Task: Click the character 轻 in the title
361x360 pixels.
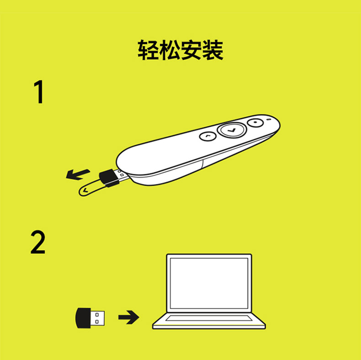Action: coord(148,50)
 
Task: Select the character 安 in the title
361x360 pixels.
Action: coord(191,50)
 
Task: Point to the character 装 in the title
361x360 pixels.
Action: coord(212,50)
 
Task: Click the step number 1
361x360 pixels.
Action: coord(39,92)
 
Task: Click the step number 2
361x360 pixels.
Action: coord(38,242)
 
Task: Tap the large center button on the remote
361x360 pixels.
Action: coord(232,130)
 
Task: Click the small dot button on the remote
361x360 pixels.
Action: coord(255,122)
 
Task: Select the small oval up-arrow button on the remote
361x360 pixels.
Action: coord(207,136)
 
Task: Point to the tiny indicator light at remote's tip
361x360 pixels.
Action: coord(268,119)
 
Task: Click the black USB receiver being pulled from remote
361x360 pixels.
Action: coord(109,178)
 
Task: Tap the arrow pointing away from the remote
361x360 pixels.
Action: coord(78,175)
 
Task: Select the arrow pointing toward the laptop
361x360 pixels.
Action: coord(129,317)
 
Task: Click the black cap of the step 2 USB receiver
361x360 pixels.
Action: coord(83,318)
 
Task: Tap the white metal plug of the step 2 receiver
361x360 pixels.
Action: coord(98,318)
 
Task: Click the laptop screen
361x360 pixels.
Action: coord(209,283)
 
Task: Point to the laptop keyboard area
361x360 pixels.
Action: coord(209,318)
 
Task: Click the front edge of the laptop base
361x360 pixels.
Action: coord(209,326)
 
